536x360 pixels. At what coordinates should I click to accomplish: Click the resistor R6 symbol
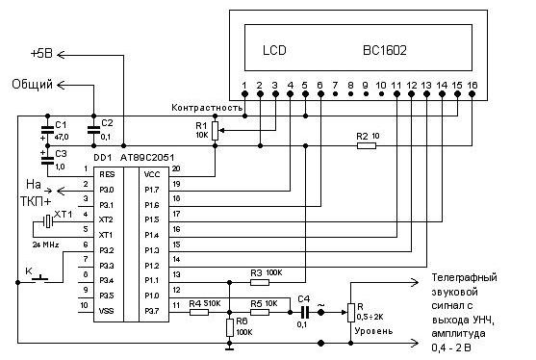tap(228, 327)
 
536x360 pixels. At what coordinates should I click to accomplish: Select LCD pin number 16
tap(472, 85)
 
